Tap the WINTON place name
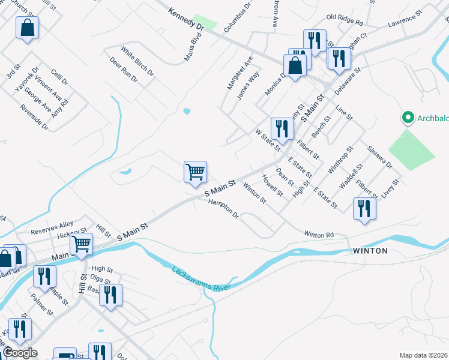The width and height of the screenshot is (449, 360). [370, 251]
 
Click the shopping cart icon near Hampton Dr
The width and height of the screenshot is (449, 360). [196, 172]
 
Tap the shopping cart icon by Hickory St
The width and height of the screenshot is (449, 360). [81, 244]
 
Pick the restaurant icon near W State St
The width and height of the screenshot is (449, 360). [282, 128]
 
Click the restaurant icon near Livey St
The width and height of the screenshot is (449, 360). [364, 209]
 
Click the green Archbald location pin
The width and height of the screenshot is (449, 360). [408, 117]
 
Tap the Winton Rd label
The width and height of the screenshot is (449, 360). [319, 234]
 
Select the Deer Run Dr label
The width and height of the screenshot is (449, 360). [124, 70]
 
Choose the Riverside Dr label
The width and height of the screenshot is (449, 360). [34, 118]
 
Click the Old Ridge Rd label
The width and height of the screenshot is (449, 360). [345, 22]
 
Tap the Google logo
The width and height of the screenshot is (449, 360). [20, 353]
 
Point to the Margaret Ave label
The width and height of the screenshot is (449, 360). [240, 73]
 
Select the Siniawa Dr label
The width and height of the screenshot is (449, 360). [379, 157]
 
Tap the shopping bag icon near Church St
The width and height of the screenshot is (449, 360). [27, 28]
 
